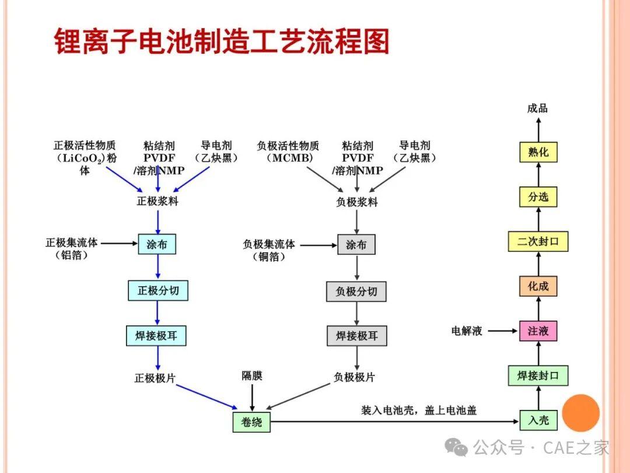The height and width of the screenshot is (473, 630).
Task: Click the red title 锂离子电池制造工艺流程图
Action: [x=222, y=41]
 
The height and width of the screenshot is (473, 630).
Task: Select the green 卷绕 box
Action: [x=251, y=422]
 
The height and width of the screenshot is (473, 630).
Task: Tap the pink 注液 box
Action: [x=538, y=331]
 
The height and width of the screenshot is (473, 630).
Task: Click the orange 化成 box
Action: [x=538, y=286]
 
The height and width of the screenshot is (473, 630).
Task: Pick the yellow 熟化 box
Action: [x=538, y=152]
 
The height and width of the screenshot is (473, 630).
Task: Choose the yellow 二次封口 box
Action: [x=538, y=241]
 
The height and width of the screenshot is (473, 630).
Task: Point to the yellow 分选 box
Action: [x=538, y=197]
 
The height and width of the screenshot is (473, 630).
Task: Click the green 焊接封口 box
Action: [x=538, y=375]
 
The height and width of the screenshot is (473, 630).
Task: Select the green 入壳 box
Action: [x=538, y=420]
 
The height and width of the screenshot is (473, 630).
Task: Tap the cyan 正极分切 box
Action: [x=158, y=290]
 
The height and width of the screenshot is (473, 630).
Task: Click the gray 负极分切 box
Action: [x=356, y=291]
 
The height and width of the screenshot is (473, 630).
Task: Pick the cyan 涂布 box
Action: [x=157, y=244]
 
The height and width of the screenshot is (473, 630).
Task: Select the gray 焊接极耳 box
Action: [x=357, y=336]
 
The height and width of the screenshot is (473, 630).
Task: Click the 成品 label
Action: [x=538, y=108]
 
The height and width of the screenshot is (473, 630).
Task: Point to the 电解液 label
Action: [x=467, y=331]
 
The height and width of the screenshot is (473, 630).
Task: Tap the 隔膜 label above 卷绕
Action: [x=252, y=375]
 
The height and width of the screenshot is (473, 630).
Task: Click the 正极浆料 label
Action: [x=157, y=201]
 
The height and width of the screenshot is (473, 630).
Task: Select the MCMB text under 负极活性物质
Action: [x=290, y=158]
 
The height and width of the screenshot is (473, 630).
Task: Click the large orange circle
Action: [x=581, y=413]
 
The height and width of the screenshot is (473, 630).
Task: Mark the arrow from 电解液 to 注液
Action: [x=503, y=331]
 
